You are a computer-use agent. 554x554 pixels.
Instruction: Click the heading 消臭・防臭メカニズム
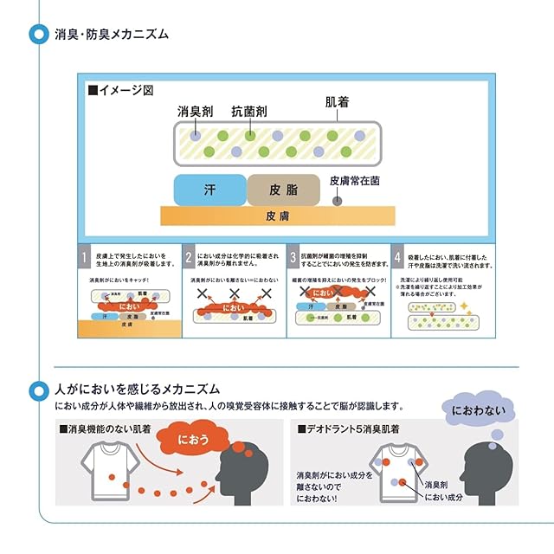click(113, 35)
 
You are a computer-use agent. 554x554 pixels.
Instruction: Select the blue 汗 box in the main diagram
click(209, 190)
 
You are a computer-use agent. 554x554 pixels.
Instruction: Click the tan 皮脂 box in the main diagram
click(283, 190)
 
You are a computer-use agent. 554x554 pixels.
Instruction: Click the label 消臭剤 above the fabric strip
click(194, 112)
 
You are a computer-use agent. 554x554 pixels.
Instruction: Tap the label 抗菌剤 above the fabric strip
click(248, 112)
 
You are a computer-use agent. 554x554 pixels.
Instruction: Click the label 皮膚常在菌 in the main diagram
click(354, 182)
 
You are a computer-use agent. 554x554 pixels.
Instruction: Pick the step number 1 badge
click(84, 257)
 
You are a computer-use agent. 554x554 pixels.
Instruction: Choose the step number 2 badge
click(188, 257)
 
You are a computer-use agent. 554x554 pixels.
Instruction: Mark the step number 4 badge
click(397, 257)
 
